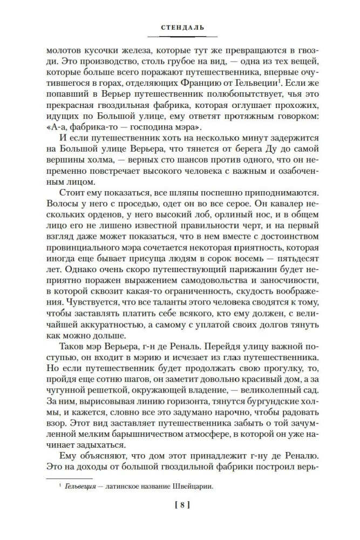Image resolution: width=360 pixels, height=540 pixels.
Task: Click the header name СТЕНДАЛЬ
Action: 180,25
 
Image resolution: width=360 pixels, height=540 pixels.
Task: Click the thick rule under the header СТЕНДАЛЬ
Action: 180,37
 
